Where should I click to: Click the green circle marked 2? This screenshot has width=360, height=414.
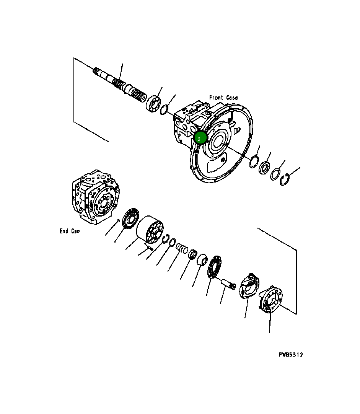200,139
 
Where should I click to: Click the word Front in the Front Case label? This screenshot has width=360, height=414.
217,98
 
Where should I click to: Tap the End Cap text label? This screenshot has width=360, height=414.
69,231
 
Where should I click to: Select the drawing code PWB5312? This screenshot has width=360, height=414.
290,355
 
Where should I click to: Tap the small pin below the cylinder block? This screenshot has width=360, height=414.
149,248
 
